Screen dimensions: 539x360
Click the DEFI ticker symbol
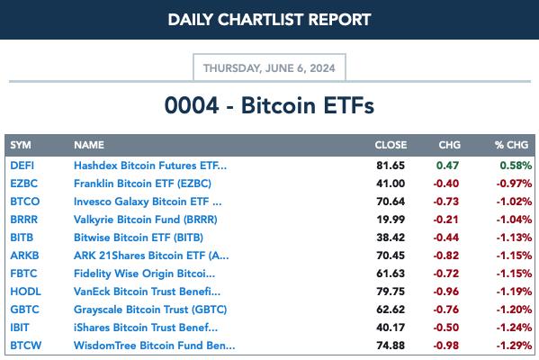tap(22, 166)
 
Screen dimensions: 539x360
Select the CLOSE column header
tap(391, 145)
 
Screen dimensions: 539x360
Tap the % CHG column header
tap(511, 145)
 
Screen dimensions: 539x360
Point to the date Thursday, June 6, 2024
tap(269, 68)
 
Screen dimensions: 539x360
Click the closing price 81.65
tap(391, 166)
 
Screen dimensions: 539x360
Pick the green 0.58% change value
tap(516, 166)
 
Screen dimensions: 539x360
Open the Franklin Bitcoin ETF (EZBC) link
tap(142, 184)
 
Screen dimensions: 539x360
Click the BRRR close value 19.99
tap(391, 220)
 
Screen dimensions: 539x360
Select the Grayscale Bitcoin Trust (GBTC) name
tap(150, 310)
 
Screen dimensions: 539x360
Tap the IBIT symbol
tap(20, 328)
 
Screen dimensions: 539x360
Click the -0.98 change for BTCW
tap(446, 346)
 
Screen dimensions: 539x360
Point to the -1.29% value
tap(514, 346)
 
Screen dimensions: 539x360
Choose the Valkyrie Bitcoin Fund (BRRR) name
tap(146, 220)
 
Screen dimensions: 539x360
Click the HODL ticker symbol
tap(25, 292)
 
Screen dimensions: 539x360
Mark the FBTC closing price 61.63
tap(391, 274)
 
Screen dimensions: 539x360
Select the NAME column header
tap(89, 145)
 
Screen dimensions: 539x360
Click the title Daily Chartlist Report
tap(270, 20)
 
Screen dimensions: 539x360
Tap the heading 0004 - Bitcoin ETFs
tap(269, 105)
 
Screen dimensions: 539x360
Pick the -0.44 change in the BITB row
tap(446, 238)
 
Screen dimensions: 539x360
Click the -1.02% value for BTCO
tap(514, 202)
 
